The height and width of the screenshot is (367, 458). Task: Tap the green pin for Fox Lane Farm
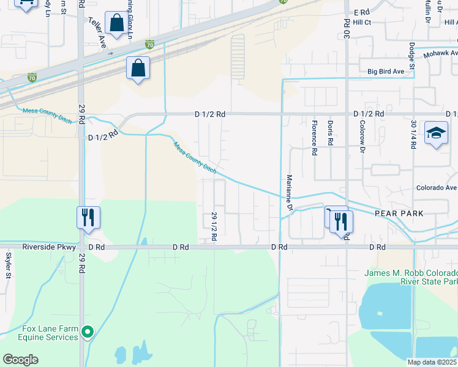88,333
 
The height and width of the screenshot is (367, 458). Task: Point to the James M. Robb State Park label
411,277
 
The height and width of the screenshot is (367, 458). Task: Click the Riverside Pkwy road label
49,247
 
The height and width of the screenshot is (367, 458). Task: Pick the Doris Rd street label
330,133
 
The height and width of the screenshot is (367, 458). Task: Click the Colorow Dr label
362,141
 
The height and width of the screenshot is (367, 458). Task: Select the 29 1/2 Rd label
214,227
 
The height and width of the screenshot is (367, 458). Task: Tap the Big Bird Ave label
386,72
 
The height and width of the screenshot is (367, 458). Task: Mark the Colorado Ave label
436,188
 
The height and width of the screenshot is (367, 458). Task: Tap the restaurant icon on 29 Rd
88,217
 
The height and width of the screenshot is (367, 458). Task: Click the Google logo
20,360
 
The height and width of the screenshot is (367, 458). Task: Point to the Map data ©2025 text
432,362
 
